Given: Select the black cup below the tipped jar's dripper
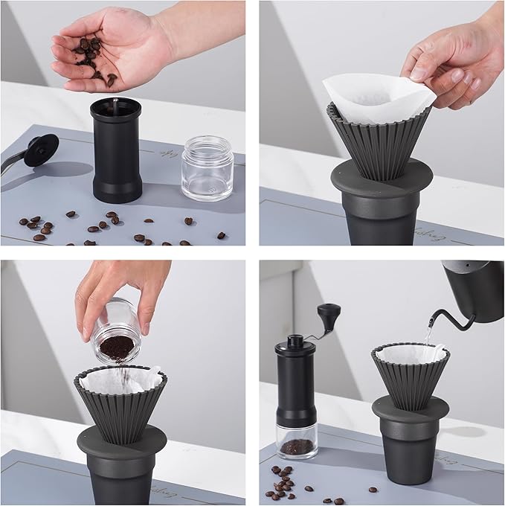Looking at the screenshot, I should pyautogui.click(x=122, y=476).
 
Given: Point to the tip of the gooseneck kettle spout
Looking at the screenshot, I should pyautogui.click(x=431, y=323).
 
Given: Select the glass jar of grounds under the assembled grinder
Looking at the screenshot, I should pyautogui.click(x=297, y=443).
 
